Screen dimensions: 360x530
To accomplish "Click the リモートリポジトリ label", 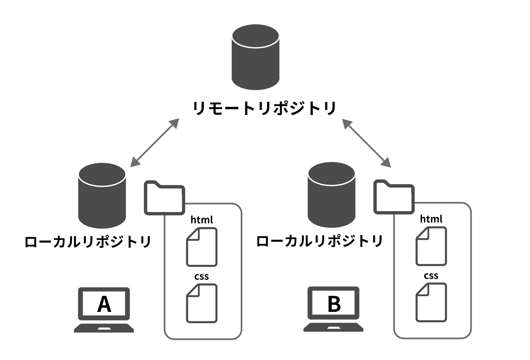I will pos(264,108).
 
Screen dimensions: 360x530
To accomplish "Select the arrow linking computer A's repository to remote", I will pos(155,143).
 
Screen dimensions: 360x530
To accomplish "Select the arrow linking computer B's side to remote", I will pos(366,143).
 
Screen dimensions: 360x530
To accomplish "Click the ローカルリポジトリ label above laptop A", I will pos(88,242).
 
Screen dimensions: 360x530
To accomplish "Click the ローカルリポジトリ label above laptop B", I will pos(319,241).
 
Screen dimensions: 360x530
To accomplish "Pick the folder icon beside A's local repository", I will pos(164,198).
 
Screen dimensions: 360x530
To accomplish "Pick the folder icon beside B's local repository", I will pos(394,197).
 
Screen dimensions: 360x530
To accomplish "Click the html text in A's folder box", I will pos(202,220).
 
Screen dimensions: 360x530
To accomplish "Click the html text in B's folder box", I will pos(431,219).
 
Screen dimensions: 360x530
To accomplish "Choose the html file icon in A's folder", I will pos(202,247).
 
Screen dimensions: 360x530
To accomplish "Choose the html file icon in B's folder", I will pos(431,246).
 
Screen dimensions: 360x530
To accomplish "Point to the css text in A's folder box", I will pos(202,277).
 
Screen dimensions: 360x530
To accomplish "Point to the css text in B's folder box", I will pos(431,276).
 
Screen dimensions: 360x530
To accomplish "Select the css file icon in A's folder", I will pos(202,303).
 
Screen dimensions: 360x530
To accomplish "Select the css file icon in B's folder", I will pos(431,302).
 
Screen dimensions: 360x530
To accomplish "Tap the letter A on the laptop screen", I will pos(104,304).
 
